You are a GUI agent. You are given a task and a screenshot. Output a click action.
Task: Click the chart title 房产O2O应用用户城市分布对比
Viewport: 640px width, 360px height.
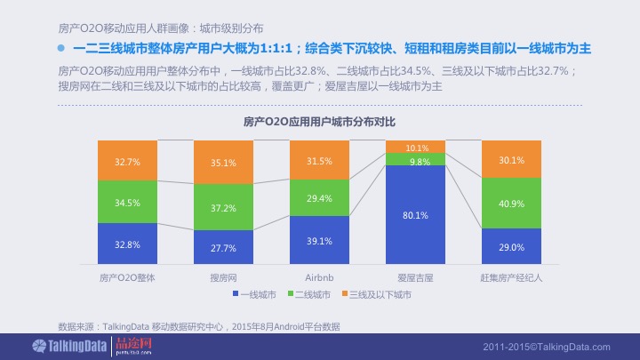[x=319, y=122]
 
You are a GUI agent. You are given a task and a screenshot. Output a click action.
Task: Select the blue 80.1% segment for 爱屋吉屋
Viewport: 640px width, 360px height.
[x=415, y=214]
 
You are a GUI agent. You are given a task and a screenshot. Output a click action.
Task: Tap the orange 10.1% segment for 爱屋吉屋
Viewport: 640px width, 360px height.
[x=415, y=148]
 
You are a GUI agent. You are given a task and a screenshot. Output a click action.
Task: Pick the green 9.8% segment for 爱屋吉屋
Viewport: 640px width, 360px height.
[x=415, y=160]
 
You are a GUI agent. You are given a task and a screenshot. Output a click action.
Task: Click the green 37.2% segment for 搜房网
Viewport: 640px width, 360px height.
[x=224, y=207]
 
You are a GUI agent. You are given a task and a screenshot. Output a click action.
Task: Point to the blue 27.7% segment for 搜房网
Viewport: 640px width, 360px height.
[x=224, y=246]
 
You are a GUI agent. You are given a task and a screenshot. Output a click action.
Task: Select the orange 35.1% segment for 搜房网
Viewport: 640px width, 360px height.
[x=224, y=163]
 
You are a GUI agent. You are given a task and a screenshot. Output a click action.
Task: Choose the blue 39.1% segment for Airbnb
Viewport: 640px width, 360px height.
[x=319, y=240]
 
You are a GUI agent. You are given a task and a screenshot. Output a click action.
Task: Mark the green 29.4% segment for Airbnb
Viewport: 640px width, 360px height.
[x=319, y=198]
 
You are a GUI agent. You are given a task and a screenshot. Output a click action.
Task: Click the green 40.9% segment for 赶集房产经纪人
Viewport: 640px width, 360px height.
[x=511, y=203]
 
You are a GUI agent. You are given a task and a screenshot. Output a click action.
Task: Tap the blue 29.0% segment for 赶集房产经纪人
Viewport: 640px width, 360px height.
[x=511, y=245]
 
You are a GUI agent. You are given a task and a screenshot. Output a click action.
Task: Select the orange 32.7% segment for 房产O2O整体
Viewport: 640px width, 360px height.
[x=128, y=163]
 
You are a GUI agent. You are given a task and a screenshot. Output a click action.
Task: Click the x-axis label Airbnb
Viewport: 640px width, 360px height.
[x=319, y=277]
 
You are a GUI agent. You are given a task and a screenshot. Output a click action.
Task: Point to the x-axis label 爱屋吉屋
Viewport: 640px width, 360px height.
[x=415, y=277]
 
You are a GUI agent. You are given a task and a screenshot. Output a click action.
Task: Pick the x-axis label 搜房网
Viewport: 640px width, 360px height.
[x=224, y=277]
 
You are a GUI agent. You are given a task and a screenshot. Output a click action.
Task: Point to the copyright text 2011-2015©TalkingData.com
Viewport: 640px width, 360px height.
[x=547, y=346]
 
